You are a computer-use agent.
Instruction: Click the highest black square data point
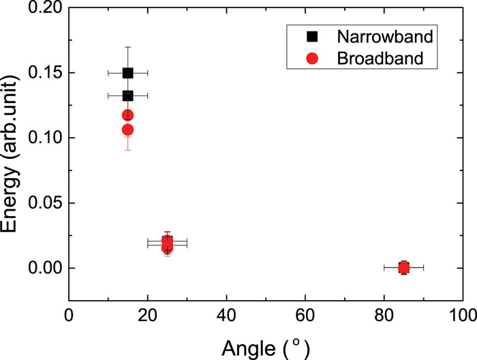(127, 73)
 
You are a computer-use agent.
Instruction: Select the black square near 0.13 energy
(127, 95)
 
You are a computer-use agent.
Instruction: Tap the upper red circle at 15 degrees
(127, 115)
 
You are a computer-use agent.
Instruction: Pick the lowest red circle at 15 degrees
(127, 130)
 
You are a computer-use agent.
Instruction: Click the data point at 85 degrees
(403, 268)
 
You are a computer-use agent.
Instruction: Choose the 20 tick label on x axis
(147, 317)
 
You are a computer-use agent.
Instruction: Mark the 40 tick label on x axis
(226, 317)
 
